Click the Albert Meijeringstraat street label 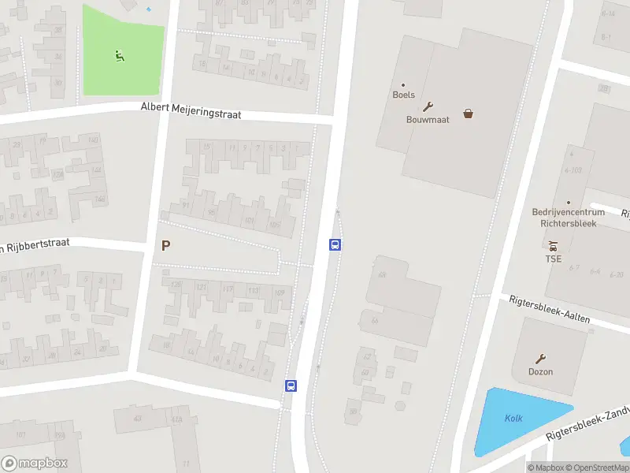point(191,110)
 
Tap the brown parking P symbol point(165,246)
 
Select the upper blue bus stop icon point(335,245)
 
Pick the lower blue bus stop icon point(291,386)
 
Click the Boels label point(403,95)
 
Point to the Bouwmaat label point(428,120)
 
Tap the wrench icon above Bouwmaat point(428,106)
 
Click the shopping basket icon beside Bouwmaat point(469,114)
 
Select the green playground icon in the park point(119,55)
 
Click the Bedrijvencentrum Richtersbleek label point(569,218)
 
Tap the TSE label point(554,259)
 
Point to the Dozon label point(540,372)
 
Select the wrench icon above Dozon point(540,359)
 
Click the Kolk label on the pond point(513,419)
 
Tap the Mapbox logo point(35,464)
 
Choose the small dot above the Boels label point(403,85)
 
